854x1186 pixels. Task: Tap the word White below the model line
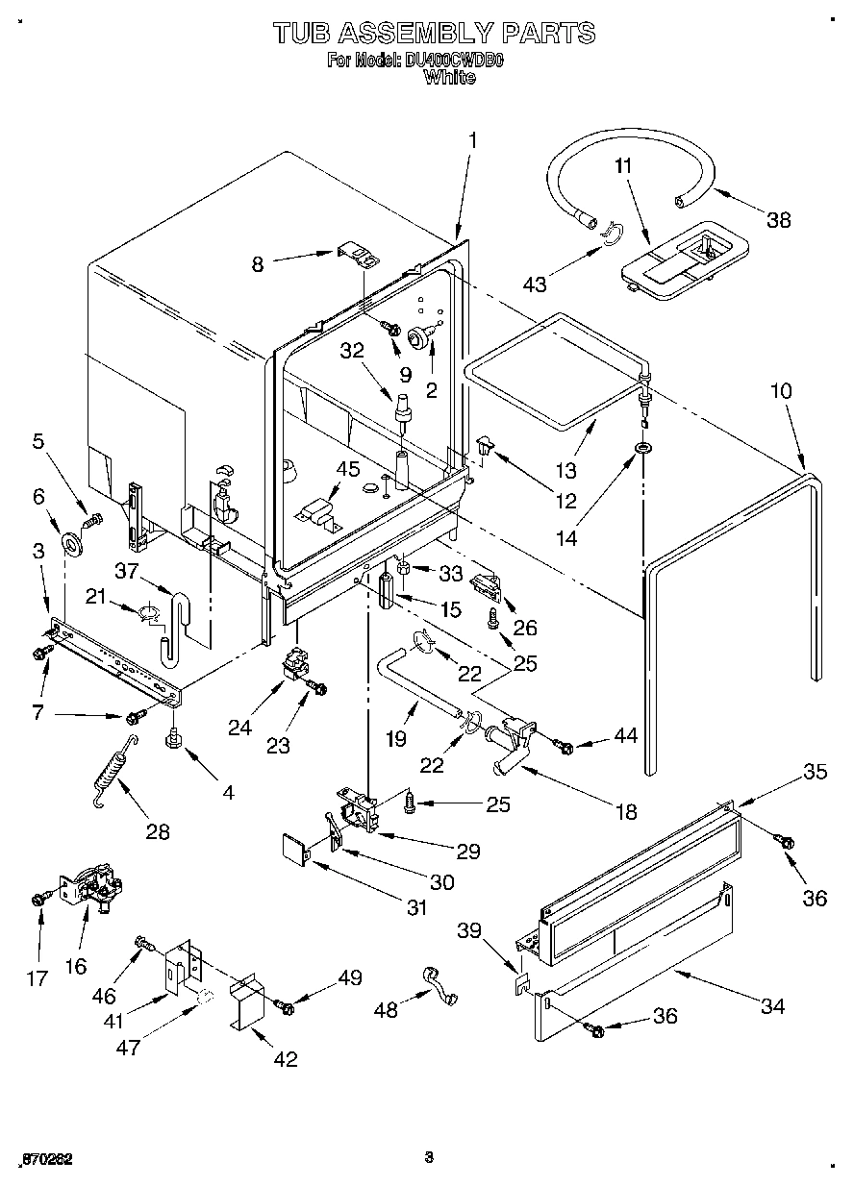(x=449, y=77)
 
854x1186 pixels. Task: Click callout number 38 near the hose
(x=778, y=219)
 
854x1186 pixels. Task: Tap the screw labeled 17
(x=40, y=898)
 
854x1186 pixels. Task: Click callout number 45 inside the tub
(x=347, y=469)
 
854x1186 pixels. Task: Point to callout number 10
(x=781, y=391)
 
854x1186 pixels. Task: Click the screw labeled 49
(x=286, y=1005)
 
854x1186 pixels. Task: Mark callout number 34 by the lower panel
(x=771, y=1006)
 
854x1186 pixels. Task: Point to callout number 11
(x=623, y=165)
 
